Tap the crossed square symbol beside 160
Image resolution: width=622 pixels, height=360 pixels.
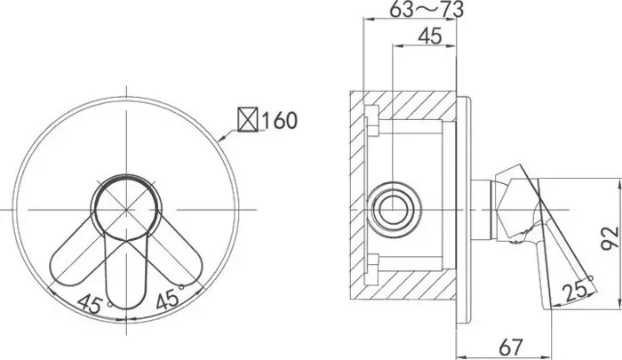(x=248, y=119)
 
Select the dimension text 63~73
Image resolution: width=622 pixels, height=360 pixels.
(x=426, y=9)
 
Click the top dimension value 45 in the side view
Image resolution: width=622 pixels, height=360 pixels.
(x=430, y=36)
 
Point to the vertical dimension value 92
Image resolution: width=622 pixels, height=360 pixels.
(x=610, y=238)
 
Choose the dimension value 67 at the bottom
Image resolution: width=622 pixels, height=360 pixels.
(x=511, y=347)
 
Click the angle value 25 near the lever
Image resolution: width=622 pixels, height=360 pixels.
(x=575, y=292)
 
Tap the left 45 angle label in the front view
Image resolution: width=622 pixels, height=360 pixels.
(x=90, y=304)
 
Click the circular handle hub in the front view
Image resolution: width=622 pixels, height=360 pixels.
(x=126, y=208)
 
